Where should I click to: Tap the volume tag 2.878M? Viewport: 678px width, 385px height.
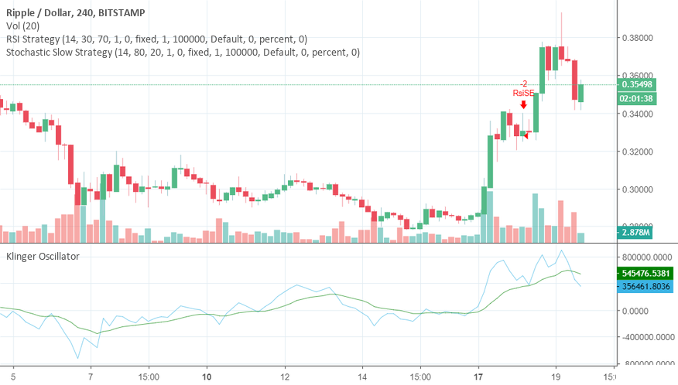[635, 232]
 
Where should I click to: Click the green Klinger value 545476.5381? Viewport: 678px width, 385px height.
[646, 273]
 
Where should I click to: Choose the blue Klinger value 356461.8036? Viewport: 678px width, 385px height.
[646, 286]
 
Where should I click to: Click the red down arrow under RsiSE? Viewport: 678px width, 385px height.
[524, 104]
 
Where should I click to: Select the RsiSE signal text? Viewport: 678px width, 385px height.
[524, 93]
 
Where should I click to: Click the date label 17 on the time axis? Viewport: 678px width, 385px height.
[478, 376]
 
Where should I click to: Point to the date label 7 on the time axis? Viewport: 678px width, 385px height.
[91, 376]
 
